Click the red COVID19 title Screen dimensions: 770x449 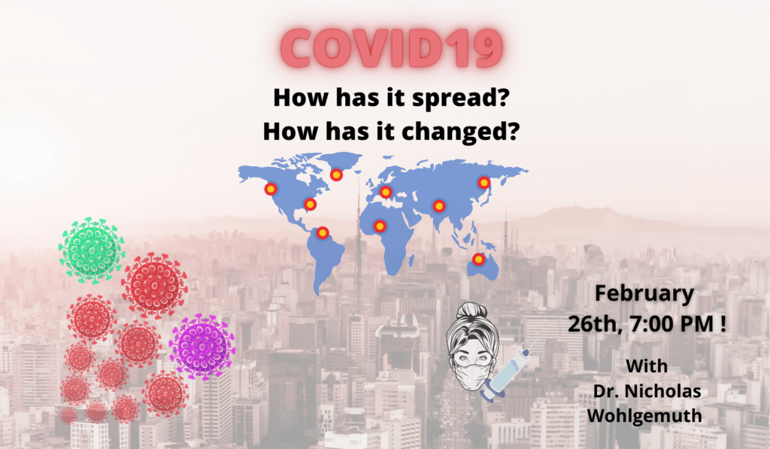click(391, 47)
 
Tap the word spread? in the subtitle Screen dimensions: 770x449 click(460, 98)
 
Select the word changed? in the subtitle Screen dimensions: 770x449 click(461, 131)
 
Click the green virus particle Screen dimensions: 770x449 click(91, 250)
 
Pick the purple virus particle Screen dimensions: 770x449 click(202, 346)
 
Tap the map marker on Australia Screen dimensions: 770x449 click(478, 259)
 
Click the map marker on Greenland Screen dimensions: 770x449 click(336, 174)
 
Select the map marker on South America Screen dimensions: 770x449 click(323, 232)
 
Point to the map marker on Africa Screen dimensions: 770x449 click(380, 226)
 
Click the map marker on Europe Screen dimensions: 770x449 click(386, 192)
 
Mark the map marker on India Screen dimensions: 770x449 click(439, 206)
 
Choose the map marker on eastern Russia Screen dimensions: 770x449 click(484, 183)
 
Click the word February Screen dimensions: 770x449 click(644, 294)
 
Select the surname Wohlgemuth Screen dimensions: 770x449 click(644, 416)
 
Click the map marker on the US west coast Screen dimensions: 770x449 click(271, 188)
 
